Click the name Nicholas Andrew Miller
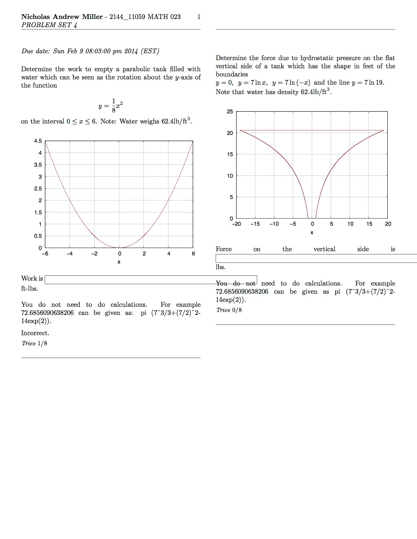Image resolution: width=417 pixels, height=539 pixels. point(62,17)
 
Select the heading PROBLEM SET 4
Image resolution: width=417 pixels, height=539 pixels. point(49,25)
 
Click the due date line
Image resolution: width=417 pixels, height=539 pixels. point(90,51)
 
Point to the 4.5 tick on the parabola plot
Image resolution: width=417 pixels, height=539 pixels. point(38,141)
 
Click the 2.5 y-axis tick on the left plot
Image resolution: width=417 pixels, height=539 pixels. point(38,188)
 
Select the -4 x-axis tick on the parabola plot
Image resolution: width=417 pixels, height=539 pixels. point(69,253)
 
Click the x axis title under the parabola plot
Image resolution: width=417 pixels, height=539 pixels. point(119,262)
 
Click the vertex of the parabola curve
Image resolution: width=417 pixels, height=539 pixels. point(119,248)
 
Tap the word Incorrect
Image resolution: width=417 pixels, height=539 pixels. point(35,333)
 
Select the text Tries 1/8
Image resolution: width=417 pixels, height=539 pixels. point(34,343)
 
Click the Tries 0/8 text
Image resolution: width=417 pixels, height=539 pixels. point(229,310)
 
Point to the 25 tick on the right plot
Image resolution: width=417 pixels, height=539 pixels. point(230,111)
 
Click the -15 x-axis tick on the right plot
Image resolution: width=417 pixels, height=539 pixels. point(255,224)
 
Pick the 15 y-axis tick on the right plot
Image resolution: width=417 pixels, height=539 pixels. point(230,154)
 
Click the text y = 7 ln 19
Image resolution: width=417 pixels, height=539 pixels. point(367,83)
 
